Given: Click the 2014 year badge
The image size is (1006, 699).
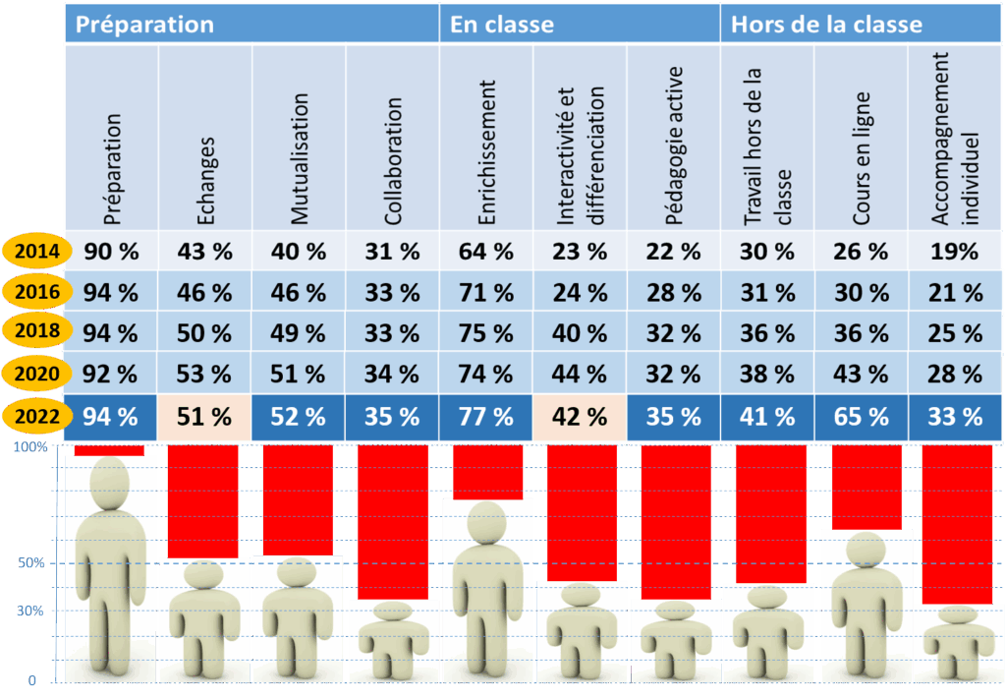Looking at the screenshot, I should tap(33, 251).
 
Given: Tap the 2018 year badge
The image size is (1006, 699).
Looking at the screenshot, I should tap(33, 332).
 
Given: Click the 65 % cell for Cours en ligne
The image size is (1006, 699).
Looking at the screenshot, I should tap(862, 416).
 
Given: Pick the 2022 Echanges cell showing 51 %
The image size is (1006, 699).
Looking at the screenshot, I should tap(204, 416).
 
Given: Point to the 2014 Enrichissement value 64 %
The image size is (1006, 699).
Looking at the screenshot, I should tap(486, 251).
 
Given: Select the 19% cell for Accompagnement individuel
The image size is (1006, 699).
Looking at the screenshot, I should tap(956, 251).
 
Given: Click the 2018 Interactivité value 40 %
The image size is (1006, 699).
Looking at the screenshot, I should tap(580, 332).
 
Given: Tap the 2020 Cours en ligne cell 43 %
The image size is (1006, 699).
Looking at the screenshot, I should tap(862, 374).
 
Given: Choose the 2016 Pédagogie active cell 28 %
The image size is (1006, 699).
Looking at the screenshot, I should tap(674, 292).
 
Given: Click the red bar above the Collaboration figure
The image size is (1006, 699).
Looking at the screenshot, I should tap(393, 522).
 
